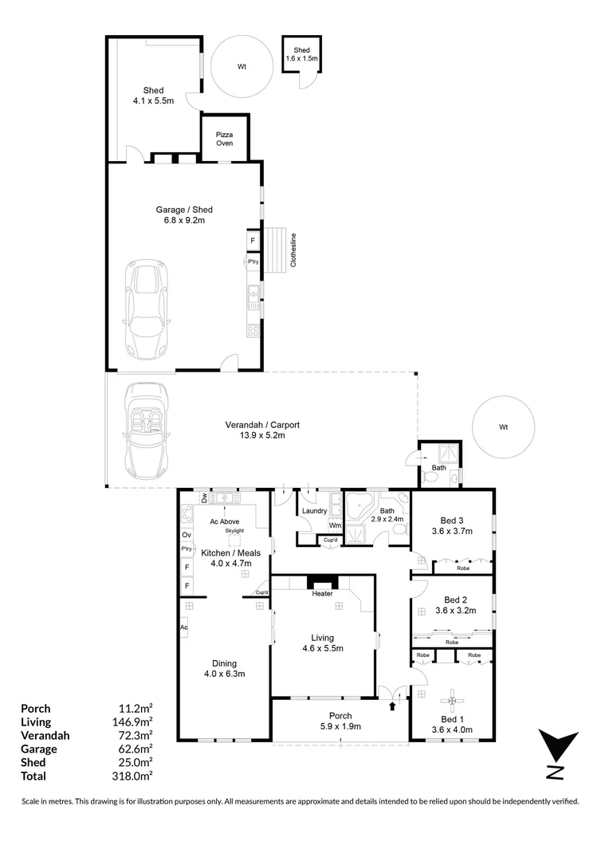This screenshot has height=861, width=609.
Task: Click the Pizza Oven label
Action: pyautogui.click(x=224, y=139)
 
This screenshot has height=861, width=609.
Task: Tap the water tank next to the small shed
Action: pyautogui.click(x=242, y=66)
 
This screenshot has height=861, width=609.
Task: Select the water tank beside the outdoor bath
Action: pyautogui.click(x=504, y=427)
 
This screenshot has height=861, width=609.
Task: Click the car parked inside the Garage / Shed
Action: pyautogui.click(x=146, y=309)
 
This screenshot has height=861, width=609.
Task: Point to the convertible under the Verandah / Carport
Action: pyautogui.click(x=146, y=431)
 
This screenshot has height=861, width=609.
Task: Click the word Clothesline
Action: pyautogui.click(x=293, y=250)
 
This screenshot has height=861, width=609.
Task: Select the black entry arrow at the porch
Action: pyautogui.click(x=392, y=706)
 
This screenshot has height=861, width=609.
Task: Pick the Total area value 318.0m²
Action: pyautogui.click(x=132, y=776)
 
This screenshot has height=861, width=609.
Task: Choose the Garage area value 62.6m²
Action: pyautogui.click(x=135, y=749)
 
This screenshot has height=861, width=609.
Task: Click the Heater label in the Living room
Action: pyautogui.click(x=322, y=594)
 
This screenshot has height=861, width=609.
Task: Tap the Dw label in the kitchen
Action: pyautogui.click(x=204, y=498)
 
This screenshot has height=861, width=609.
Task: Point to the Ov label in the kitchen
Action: pyautogui.click(x=187, y=535)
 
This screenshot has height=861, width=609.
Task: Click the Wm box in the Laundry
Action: pyautogui.click(x=335, y=525)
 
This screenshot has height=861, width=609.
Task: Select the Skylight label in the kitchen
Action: pyautogui.click(x=234, y=531)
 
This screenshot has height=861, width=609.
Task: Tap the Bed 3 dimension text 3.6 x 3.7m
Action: pyautogui.click(x=452, y=531)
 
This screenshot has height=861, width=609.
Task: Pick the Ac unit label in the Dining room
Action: pyautogui.click(x=184, y=627)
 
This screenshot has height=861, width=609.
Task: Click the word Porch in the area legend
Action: pyautogui.click(x=36, y=709)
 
